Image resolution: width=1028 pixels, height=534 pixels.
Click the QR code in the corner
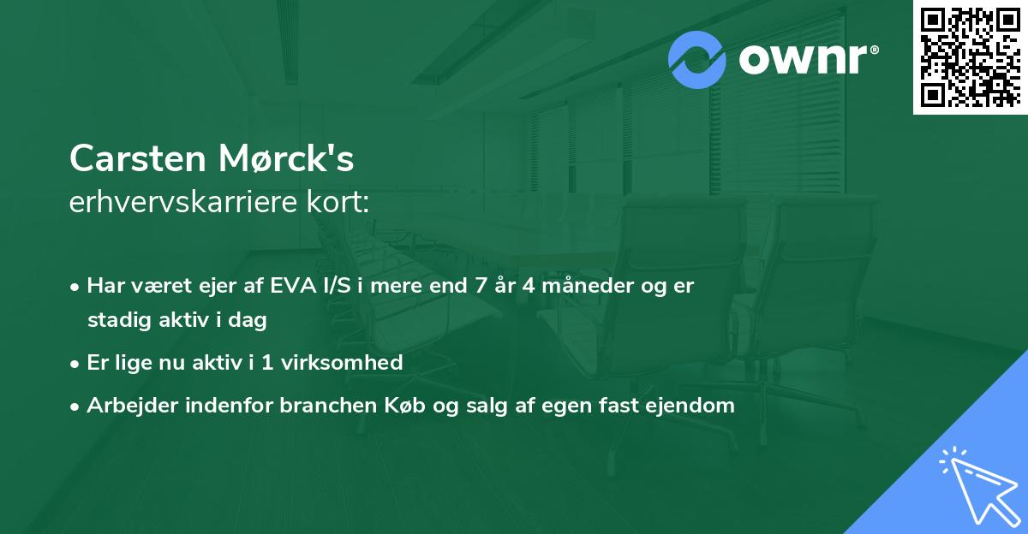(970, 56)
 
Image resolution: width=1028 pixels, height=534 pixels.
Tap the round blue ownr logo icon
(697, 59)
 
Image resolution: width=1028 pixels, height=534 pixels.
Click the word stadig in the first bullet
(115, 321)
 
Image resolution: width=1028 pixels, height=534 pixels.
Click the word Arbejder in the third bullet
(123, 406)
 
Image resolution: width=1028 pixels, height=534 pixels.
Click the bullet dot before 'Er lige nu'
(76, 363)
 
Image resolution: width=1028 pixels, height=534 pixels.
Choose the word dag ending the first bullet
(250, 322)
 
